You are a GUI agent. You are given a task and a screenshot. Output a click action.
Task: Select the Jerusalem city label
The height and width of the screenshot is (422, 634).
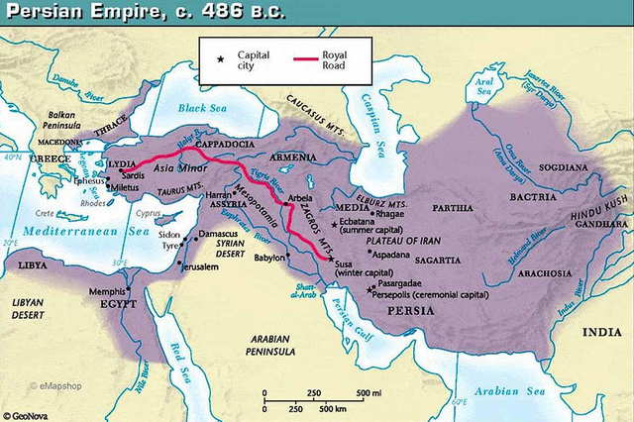pyautogui.click(x=198, y=266)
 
